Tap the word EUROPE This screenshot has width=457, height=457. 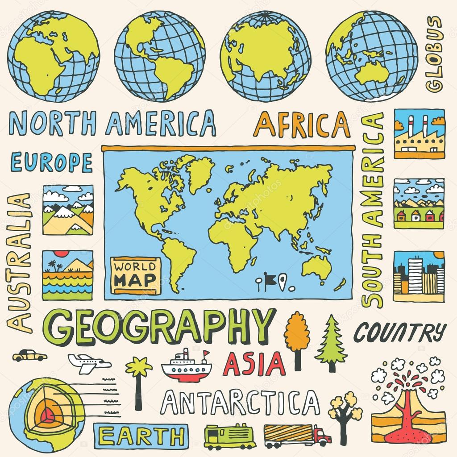51,162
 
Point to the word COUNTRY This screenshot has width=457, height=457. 400,332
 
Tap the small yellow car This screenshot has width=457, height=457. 29,355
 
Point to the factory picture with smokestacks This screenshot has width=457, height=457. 419,133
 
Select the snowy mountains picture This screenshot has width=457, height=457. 68,210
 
